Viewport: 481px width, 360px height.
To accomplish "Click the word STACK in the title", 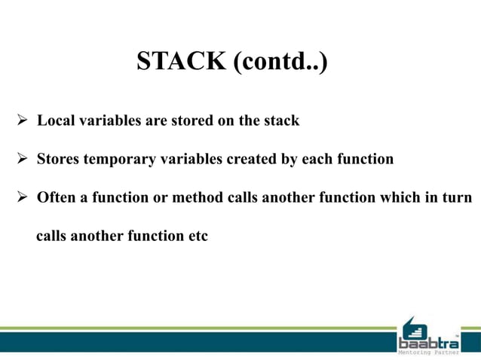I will click(x=181, y=62).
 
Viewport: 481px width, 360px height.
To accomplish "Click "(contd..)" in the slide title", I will click(x=280, y=62).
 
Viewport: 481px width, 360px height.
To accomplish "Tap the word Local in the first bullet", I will click(x=54, y=121).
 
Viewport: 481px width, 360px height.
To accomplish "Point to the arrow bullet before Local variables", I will click(x=22, y=121).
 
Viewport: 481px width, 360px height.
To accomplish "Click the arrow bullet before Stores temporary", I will click(x=22, y=160).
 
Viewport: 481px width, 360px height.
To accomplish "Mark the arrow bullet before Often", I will click(x=22, y=198).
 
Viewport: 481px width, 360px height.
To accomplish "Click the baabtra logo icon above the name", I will click(x=413, y=326).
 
